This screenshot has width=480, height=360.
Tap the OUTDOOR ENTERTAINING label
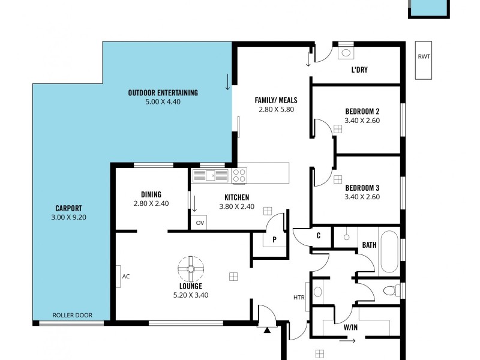pyautogui.click(x=163, y=93)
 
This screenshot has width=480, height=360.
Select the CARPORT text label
pyautogui.click(x=68, y=209)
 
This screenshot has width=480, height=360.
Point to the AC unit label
pyautogui.click(x=125, y=277)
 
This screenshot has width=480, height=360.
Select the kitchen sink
pyautogui.click(x=211, y=175)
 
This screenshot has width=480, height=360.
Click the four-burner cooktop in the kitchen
pyautogui.click(x=239, y=175)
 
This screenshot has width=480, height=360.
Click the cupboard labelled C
pyautogui.click(x=319, y=236)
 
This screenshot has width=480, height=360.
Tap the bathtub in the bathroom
pyautogui.click(x=388, y=252)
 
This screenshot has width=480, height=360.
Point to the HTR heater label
pyautogui.click(x=298, y=298)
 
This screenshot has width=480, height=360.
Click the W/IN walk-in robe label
pyautogui.click(x=351, y=328)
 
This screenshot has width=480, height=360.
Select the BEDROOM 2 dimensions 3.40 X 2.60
pyautogui.click(x=362, y=121)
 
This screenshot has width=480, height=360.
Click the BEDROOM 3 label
pyautogui.click(x=362, y=187)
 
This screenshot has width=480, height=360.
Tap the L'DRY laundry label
pyautogui.click(x=359, y=70)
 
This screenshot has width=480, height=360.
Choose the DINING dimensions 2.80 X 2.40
pyautogui.click(x=151, y=203)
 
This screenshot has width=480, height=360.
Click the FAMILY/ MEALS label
pyautogui.click(x=276, y=100)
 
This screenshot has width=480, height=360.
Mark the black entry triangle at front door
pyautogui.click(x=266, y=329)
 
